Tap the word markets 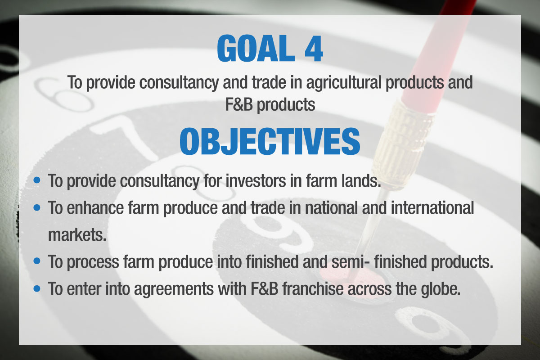coord(77,234)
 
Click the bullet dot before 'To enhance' coord(37,207)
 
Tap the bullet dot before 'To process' coord(37,261)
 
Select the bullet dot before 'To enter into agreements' coord(37,288)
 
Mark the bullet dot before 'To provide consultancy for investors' coord(37,180)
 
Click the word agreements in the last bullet coord(174,289)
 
